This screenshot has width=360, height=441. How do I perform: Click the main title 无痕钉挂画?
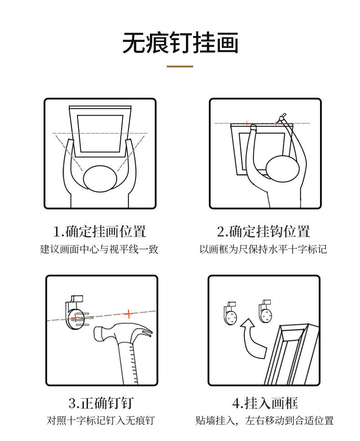180,44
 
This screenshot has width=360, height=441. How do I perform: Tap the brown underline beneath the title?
180,67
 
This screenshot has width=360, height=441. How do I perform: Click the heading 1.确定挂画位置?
100,231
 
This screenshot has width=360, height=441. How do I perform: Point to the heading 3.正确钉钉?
101,403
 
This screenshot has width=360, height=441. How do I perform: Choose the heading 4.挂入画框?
265,403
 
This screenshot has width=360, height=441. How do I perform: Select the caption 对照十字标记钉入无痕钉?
101,420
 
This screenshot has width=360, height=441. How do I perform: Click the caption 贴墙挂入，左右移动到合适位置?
264,420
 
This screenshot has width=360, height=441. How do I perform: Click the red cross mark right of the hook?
129,313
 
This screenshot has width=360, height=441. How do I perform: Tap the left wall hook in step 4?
231,314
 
